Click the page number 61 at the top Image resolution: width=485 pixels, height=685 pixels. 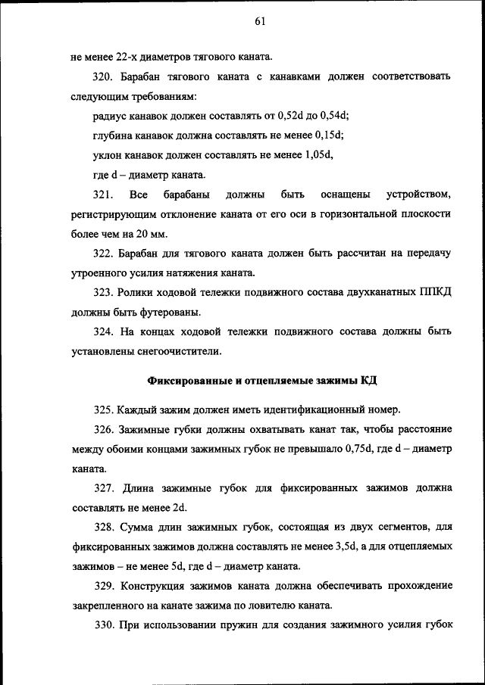pos(259,22)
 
